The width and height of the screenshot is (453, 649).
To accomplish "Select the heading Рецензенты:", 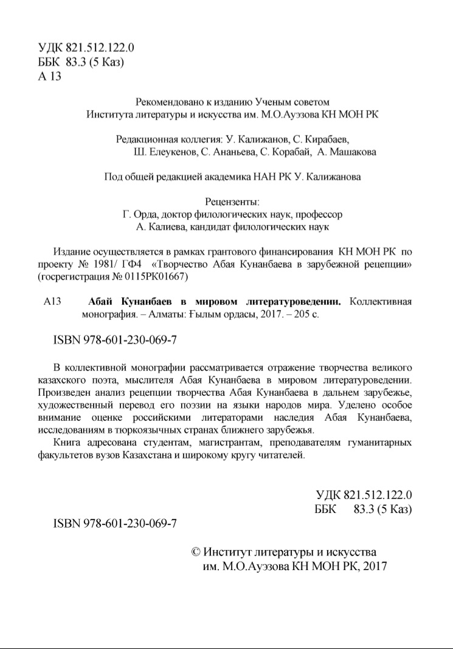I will pos(233,202).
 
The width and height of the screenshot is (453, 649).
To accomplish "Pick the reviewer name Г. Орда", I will pos(139,214).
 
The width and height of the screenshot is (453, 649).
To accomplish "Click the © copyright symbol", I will pos(196,552).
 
